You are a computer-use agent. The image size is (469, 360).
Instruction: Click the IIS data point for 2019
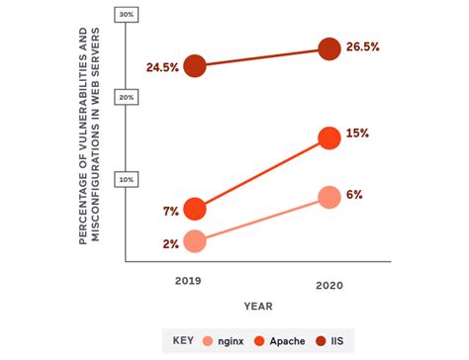195,65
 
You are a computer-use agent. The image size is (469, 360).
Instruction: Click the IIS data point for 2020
329,48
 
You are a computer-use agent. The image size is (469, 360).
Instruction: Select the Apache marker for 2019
195,209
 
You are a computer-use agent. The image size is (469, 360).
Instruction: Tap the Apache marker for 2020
329,139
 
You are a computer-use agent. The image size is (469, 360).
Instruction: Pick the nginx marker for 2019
195,241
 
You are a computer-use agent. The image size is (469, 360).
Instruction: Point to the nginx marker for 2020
329,197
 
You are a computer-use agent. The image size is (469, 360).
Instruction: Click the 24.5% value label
161,66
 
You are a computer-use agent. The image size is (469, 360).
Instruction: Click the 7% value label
170,210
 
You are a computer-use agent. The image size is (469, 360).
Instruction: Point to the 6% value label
355,196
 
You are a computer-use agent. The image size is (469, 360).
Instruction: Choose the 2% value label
170,242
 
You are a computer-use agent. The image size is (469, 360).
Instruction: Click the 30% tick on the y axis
127,15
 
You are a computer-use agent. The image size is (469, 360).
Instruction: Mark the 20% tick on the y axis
127,97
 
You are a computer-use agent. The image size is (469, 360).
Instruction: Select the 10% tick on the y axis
127,179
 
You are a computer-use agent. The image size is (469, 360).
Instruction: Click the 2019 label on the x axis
188,281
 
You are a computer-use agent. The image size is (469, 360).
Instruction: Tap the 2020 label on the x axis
329,285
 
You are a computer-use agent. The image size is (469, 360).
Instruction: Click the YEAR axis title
259,306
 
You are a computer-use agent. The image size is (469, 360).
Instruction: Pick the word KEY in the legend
182,340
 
